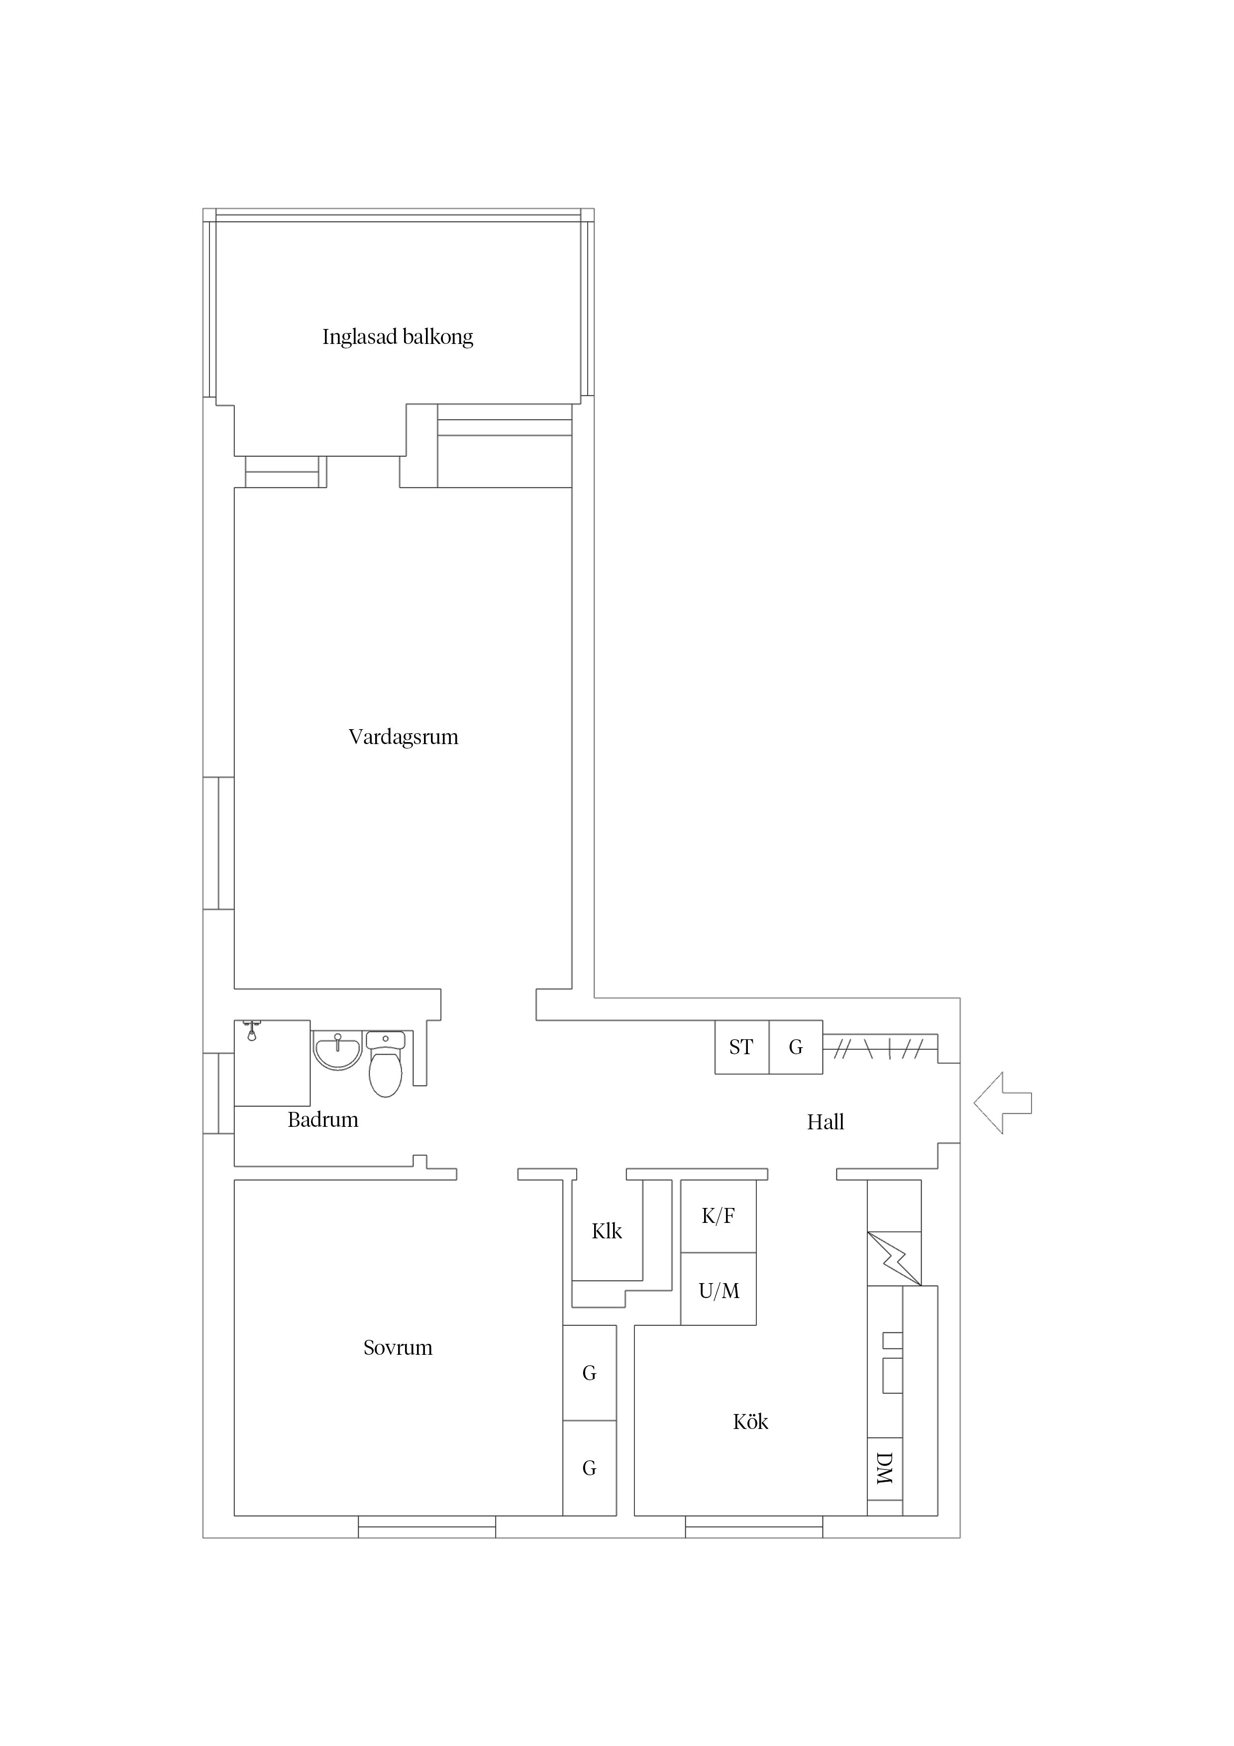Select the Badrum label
(x=322, y=1119)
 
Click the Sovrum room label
(x=397, y=1347)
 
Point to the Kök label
(x=750, y=1421)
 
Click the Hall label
(x=825, y=1122)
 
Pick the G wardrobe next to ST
(x=795, y=1047)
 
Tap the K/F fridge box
(x=718, y=1216)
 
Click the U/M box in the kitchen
(x=718, y=1291)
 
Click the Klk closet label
(x=606, y=1231)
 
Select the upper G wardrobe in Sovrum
(x=589, y=1373)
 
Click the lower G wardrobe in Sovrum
(x=589, y=1468)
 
